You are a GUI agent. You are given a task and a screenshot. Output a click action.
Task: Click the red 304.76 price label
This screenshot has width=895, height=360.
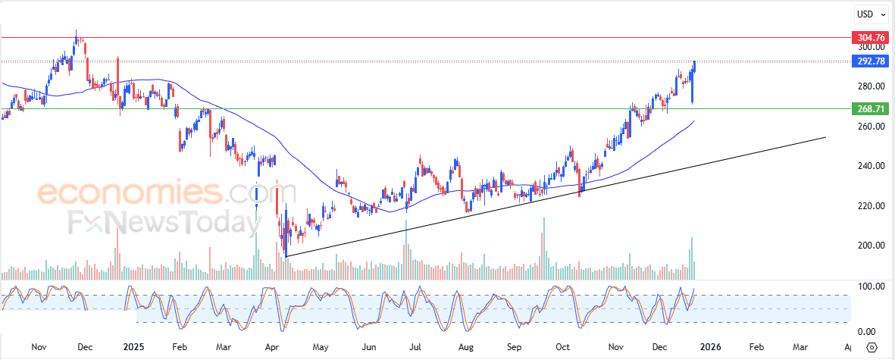tap(869, 37)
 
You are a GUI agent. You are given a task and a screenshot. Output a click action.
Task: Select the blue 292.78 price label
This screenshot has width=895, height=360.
tap(869, 62)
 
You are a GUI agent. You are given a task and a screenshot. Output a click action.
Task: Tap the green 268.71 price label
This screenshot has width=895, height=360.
tap(869, 109)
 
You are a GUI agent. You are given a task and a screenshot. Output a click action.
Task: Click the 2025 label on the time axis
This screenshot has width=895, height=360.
tap(133, 346)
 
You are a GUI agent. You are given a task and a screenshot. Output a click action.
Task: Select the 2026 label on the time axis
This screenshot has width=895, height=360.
tap(710, 346)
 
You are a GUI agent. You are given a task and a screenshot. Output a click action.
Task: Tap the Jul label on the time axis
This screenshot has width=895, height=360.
tap(415, 346)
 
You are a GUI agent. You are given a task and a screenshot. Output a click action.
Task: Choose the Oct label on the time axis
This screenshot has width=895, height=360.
tap(563, 346)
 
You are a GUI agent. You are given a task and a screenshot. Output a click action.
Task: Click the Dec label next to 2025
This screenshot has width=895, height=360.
tap(84, 346)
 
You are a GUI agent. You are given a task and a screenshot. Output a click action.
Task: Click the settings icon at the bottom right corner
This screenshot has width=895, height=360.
tap(872, 346)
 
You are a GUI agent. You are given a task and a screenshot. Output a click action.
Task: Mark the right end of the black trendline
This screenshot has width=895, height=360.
tap(825, 137)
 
